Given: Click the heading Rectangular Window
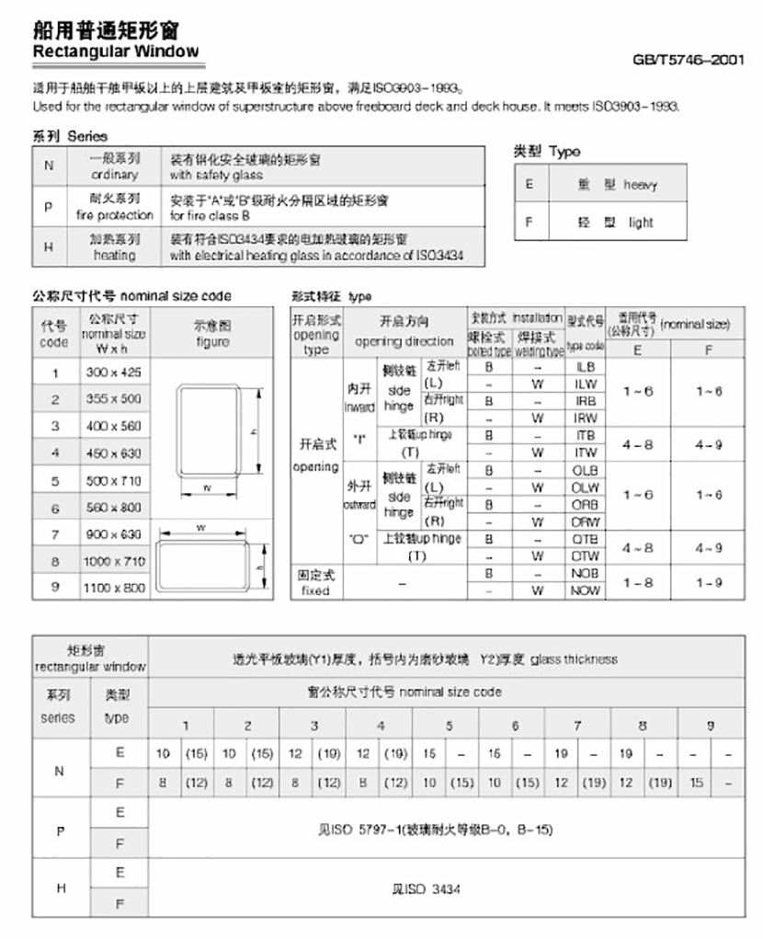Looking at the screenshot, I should point(116,52).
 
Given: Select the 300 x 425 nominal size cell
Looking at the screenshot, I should point(115,372).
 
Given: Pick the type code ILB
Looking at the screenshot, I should point(585,366).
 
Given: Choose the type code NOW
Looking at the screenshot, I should point(586,590).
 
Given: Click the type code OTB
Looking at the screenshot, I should point(586,538).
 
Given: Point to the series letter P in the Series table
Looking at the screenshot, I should point(49,207).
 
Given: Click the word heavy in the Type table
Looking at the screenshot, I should point(641,185).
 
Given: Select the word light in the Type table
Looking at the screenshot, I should point(641,222).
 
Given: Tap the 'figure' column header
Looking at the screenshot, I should point(212,342).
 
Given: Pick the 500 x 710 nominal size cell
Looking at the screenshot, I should point(115,480).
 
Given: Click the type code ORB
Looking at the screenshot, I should point(586,504).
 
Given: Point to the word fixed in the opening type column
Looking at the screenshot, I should point(315,590).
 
